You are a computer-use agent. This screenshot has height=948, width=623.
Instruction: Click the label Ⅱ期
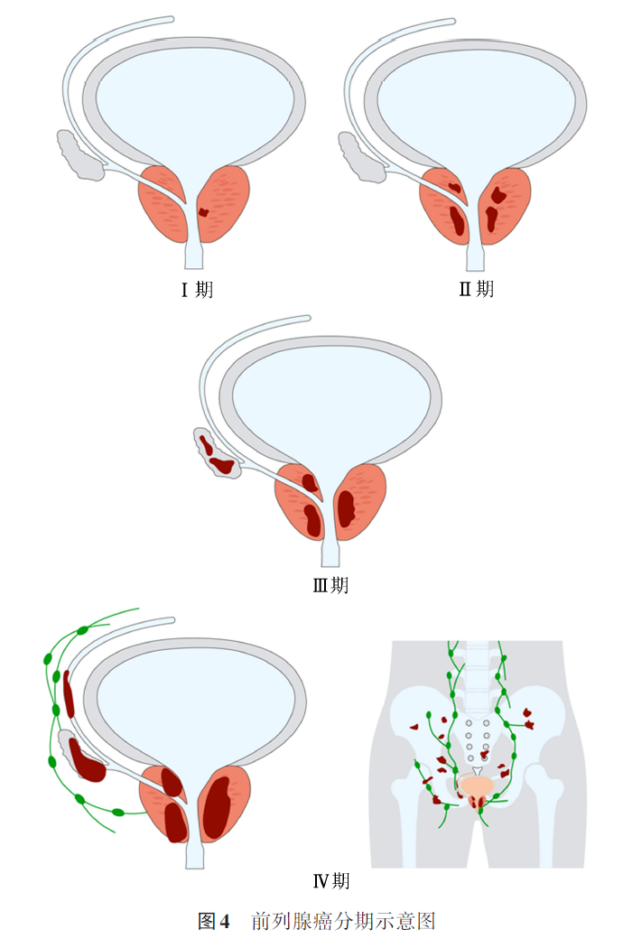coord(477,289)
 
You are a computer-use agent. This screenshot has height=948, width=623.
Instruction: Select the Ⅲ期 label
coord(330,585)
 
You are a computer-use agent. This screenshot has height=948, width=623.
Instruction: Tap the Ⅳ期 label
coord(330,880)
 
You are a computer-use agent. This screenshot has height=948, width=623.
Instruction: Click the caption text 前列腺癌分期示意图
coord(344,922)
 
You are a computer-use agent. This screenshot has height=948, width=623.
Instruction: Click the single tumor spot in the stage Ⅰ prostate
coord(203,214)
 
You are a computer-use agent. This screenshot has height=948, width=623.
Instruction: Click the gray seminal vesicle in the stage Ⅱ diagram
coord(358,156)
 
